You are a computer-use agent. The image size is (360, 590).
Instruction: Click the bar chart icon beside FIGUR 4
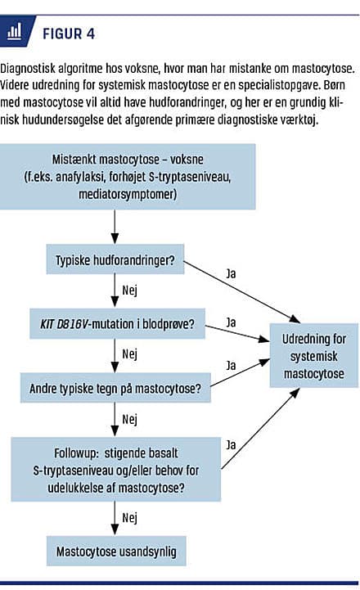[x=14, y=32]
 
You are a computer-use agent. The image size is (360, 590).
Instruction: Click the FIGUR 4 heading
[x=69, y=34]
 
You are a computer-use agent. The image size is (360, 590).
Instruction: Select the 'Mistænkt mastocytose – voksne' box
[x=128, y=177]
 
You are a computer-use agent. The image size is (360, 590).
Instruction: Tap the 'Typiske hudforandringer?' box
[x=115, y=259]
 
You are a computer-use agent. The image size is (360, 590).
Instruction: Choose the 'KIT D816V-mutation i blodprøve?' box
[x=117, y=323]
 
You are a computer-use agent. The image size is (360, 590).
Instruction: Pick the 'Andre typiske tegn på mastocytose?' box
[x=115, y=388]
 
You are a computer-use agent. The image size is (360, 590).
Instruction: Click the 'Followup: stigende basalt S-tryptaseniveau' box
[x=116, y=470]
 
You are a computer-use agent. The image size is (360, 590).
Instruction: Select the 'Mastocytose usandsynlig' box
[x=116, y=552]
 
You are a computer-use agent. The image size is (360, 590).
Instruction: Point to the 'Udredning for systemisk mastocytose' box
[x=313, y=356]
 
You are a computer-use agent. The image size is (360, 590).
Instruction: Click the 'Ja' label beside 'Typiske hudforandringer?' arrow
[x=231, y=273]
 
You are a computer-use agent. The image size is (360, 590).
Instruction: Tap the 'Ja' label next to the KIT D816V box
[x=231, y=322]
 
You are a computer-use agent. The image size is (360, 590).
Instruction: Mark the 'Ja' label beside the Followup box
[x=231, y=445]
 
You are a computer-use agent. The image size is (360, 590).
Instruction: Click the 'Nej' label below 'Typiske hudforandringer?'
[x=130, y=290]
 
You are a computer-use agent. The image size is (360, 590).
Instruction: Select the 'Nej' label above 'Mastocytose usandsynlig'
[x=130, y=518]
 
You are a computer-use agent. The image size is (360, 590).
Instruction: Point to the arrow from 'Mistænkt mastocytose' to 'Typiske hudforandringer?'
[x=115, y=227]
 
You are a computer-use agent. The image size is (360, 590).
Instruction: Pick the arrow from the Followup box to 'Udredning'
[x=260, y=429]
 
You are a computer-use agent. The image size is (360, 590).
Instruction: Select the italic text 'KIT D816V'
[x=64, y=324]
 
